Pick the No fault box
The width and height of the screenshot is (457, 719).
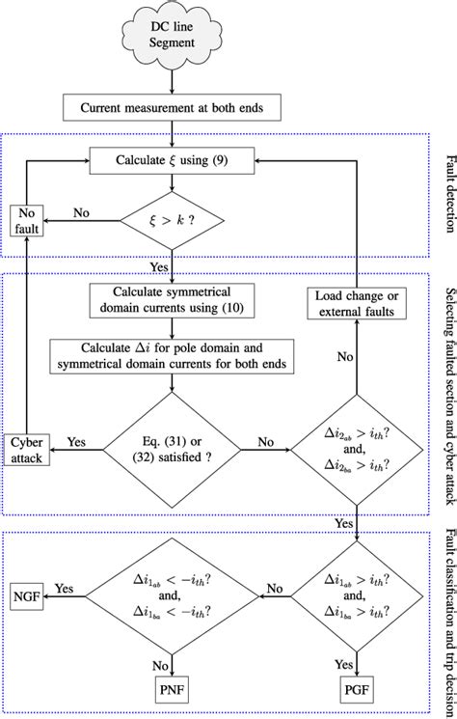pos(28,221)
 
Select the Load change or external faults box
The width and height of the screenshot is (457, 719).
pos(358,307)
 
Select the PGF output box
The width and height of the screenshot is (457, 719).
pos(358,689)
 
